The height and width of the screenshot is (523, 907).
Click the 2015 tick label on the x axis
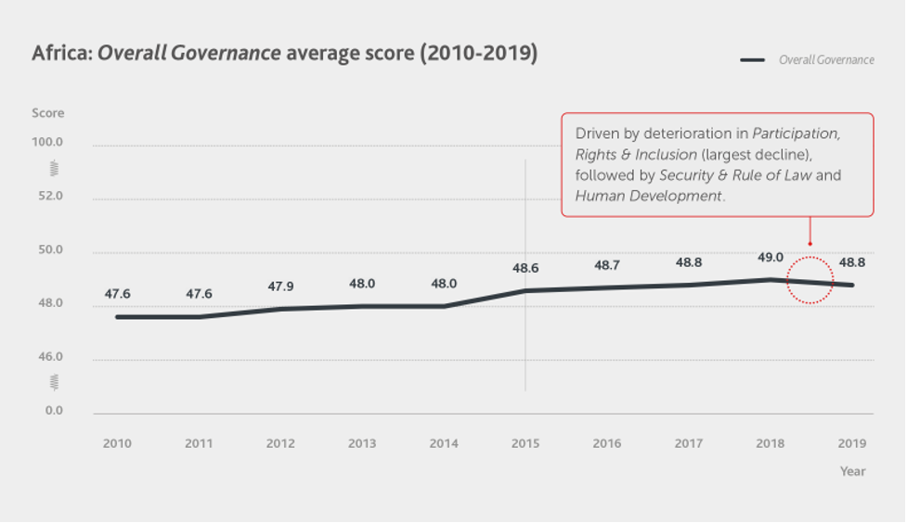point(525,443)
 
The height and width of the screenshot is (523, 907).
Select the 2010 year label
point(117,443)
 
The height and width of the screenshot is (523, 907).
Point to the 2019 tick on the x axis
point(852,443)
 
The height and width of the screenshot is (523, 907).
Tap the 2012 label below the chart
point(280,443)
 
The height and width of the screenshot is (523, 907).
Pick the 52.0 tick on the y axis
point(49,197)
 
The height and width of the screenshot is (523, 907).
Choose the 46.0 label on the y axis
point(49,357)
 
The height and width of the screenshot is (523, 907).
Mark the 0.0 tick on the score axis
point(52,411)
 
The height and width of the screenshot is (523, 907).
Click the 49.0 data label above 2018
point(771,258)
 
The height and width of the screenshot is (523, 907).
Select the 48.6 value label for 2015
point(525,268)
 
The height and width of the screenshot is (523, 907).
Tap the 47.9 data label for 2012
point(280,287)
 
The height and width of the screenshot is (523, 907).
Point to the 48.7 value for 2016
point(607,265)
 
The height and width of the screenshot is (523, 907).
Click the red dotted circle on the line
point(810,280)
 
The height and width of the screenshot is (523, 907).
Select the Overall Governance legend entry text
point(826,60)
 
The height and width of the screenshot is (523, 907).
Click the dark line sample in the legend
point(752,60)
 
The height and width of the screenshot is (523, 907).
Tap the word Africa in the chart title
point(60,53)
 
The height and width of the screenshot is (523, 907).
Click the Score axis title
point(48,113)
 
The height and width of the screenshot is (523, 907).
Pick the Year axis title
point(852,471)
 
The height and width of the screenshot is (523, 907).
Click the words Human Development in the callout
point(648,196)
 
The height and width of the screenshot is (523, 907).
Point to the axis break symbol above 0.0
point(54,382)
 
